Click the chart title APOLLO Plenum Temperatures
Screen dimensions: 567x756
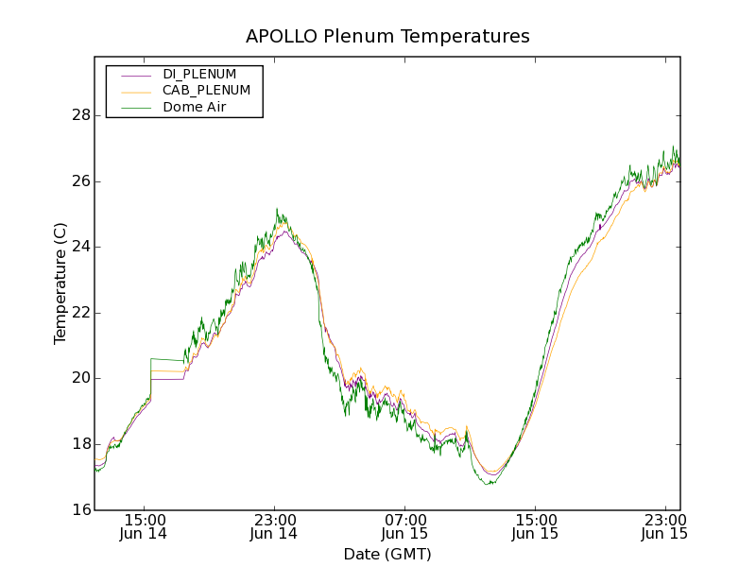pos(387,36)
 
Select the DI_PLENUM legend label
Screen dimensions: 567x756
pos(199,74)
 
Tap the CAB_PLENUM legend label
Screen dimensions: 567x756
pos(206,90)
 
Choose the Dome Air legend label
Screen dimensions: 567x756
pos(195,107)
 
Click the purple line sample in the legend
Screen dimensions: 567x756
pos(136,75)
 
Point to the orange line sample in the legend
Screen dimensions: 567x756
pos(136,91)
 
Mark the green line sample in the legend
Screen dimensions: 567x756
pos(136,108)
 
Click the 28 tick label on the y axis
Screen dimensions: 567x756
pos(80,115)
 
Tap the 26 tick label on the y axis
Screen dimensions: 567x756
pos(80,180)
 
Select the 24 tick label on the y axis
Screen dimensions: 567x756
pos(80,247)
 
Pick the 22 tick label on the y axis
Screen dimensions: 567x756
pos(80,312)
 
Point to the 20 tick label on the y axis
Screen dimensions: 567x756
pos(80,378)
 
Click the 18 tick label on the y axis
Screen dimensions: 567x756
pos(80,443)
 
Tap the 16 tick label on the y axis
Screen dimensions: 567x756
pos(80,509)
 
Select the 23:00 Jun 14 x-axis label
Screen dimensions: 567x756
pos(274,526)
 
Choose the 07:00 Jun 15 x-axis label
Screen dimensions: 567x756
pos(404,526)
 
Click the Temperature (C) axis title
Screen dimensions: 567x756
pos(60,283)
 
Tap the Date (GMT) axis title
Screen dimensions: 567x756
pos(387,554)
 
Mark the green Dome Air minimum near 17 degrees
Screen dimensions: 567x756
pos(489,484)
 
